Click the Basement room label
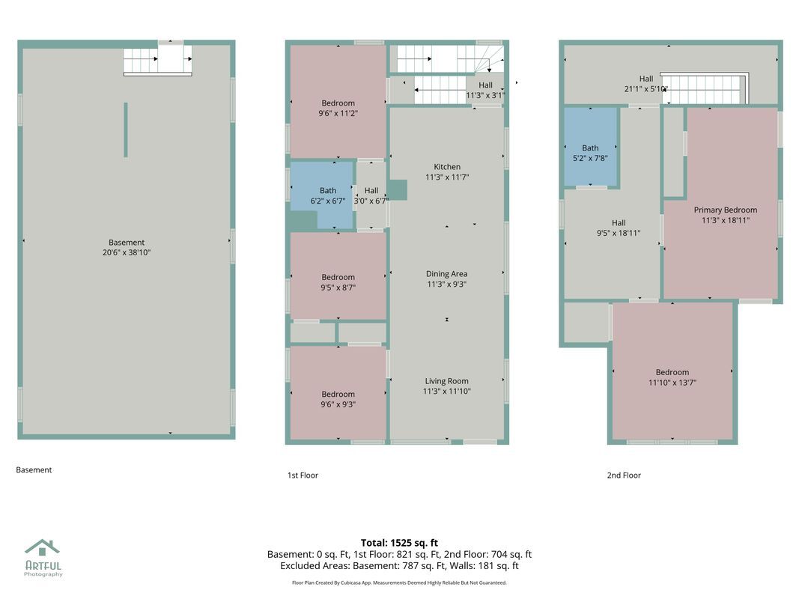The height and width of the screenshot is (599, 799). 127,243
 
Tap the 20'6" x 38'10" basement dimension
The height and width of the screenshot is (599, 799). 127,252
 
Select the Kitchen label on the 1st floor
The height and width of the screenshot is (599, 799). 447,166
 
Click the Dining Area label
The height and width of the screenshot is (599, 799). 446,274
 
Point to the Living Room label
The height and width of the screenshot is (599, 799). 446,381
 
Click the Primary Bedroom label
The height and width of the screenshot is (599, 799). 725,210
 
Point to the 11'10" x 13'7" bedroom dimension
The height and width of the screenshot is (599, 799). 672,383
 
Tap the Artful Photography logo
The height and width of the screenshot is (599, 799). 43,558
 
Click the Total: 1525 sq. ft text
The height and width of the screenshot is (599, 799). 399,543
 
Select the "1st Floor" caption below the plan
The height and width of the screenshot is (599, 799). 303,475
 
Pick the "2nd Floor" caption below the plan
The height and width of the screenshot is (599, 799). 624,475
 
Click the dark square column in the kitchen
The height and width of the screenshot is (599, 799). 398,190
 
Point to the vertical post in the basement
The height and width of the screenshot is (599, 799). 126,130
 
